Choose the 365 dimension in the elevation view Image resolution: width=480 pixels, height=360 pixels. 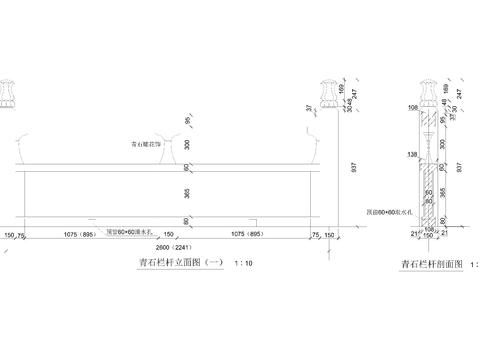[x=184, y=189]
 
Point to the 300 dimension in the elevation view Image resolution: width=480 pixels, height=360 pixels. [x=184, y=144]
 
